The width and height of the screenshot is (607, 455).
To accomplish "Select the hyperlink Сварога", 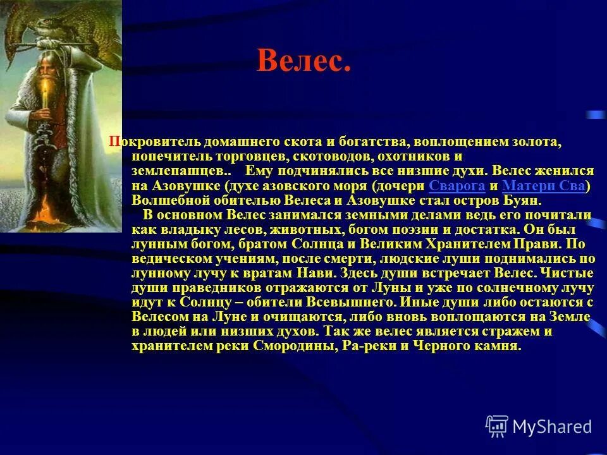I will [457, 186].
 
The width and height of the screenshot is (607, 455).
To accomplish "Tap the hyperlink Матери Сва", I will [544, 186].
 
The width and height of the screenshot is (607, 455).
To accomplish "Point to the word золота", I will [534, 142].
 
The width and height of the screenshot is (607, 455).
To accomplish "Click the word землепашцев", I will [178, 171].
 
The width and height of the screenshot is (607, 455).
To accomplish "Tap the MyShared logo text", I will [553, 427].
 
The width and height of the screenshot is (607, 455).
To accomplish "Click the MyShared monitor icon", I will [497, 427].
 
